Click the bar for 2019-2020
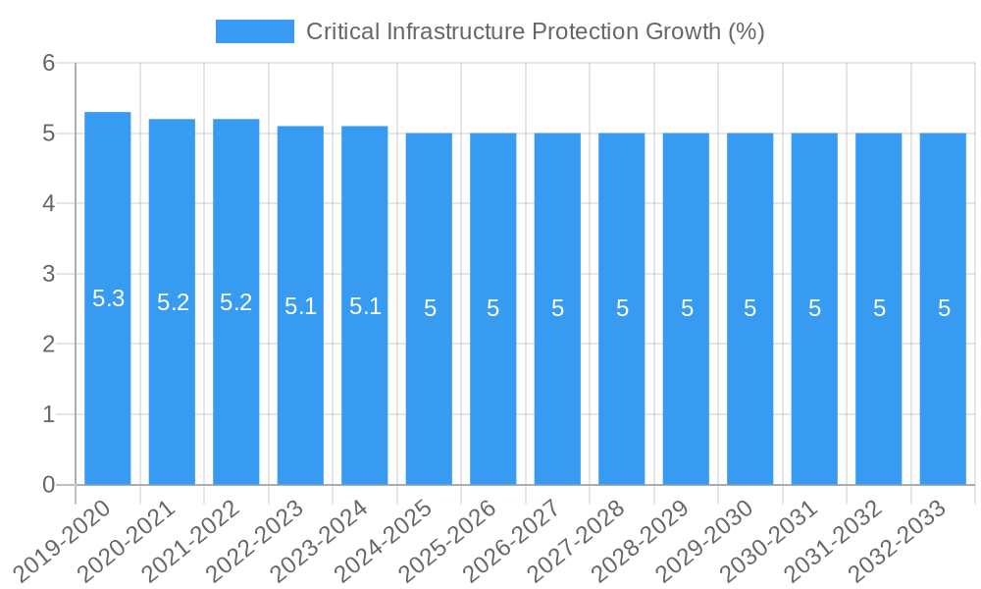point(108,393)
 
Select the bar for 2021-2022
point(236,393)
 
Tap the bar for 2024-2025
point(430,393)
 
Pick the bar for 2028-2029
point(686,393)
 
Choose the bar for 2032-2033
point(943,393)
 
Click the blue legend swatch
point(255,31)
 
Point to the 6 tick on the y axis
point(48,63)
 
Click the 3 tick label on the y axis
point(48,274)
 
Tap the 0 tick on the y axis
point(48,485)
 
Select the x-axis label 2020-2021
point(128,539)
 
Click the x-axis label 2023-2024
point(320,539)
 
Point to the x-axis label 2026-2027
point(513,539)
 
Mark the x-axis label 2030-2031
point(770,539)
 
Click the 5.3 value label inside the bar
point(108,298)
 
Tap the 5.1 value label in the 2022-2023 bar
point(300,306)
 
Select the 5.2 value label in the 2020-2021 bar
point(173,302)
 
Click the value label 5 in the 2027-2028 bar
point(622,308)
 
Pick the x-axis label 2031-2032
point(835,539)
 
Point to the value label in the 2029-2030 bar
point(749,308)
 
